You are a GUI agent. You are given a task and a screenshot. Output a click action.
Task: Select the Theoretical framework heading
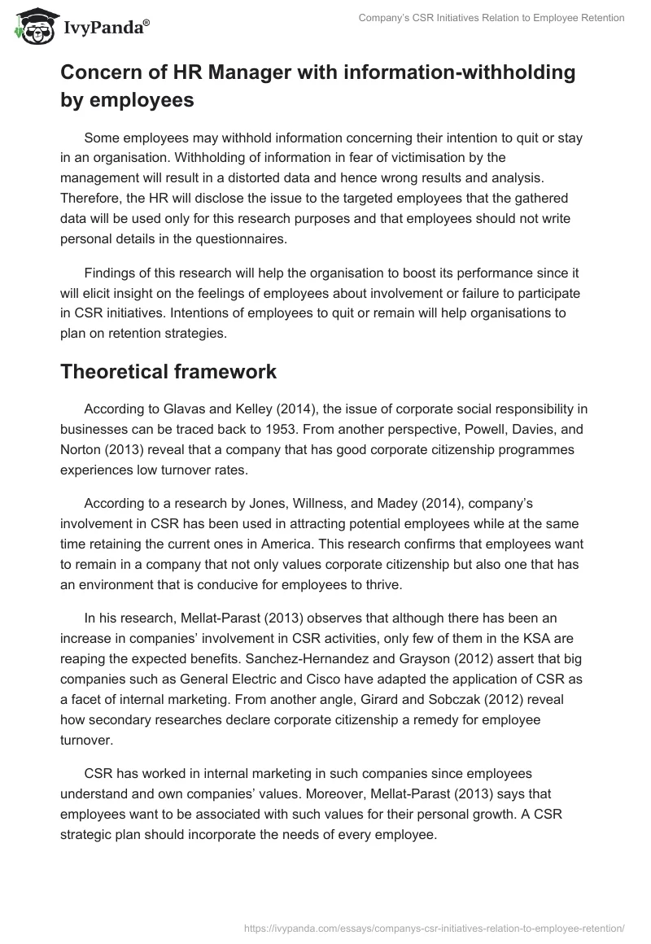point(168,371)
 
